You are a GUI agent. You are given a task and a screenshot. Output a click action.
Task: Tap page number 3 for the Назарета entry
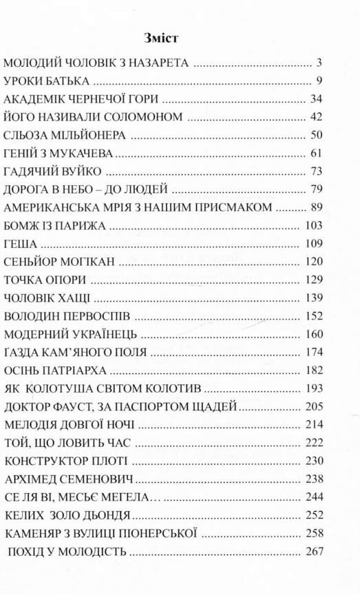coord(319,63)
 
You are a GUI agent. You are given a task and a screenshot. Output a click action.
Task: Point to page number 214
coord(313,424)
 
